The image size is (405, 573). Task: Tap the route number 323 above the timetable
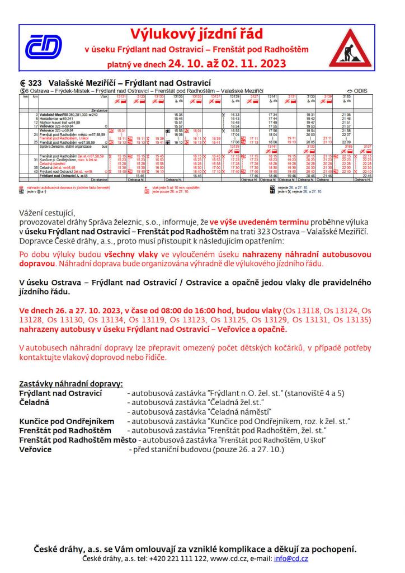tap(35, 83)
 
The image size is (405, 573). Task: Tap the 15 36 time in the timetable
tap(178, 115)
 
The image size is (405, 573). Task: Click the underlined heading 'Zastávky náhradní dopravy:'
tap(70, 384)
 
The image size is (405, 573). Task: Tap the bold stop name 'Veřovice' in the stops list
tap(35, 449)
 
